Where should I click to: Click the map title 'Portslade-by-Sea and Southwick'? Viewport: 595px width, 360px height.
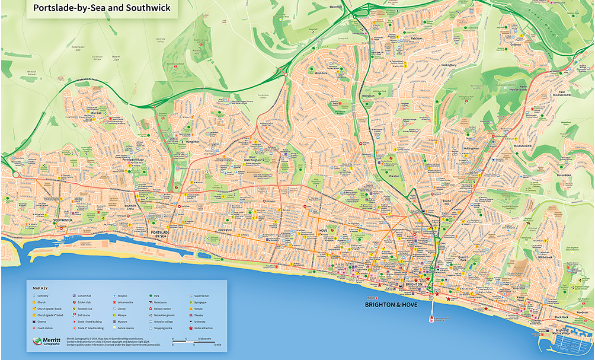tap(101, 8)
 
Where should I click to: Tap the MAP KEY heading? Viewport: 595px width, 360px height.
tap(40, 286)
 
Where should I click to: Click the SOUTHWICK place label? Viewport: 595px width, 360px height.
tap(62, 220)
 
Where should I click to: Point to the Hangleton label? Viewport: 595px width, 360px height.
tap(193, 142)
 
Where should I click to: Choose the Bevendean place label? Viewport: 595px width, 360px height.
tap(564, 175)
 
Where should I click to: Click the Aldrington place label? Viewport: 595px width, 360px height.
tap(224, 229)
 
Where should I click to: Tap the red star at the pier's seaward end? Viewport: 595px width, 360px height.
tap(431, 318)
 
